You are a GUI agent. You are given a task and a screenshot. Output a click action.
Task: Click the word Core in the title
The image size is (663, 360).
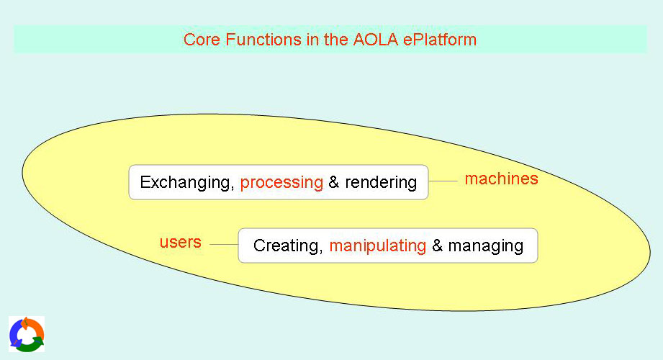tap(202, 40)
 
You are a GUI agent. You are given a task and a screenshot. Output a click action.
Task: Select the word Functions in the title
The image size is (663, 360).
tap(263, 40)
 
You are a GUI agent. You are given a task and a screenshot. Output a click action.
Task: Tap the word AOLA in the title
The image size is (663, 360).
tap(376, 40)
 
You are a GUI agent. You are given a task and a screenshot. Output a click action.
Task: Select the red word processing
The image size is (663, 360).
tap(281, 183)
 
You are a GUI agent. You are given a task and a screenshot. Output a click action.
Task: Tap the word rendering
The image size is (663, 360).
tap(381, 183)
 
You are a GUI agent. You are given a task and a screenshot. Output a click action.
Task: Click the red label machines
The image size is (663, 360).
tap(502, 179)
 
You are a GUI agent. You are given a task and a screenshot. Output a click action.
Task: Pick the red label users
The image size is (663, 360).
tap(181, 242)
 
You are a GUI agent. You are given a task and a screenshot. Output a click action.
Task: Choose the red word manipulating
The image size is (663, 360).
tap(378, 246)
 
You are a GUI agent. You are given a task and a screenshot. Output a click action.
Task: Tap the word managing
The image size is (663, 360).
tap(486, 246)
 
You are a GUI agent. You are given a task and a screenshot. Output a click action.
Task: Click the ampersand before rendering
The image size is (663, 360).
tap(333, 182)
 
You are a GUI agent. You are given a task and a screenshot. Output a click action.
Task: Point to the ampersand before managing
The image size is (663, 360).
tap(437, 246)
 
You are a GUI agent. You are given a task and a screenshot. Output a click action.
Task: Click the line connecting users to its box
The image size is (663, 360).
tap(224, 245)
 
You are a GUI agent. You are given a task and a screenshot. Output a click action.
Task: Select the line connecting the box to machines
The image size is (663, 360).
tap(443, 181)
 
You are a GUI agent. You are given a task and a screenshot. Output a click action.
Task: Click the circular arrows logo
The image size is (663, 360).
tap(27, 334)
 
